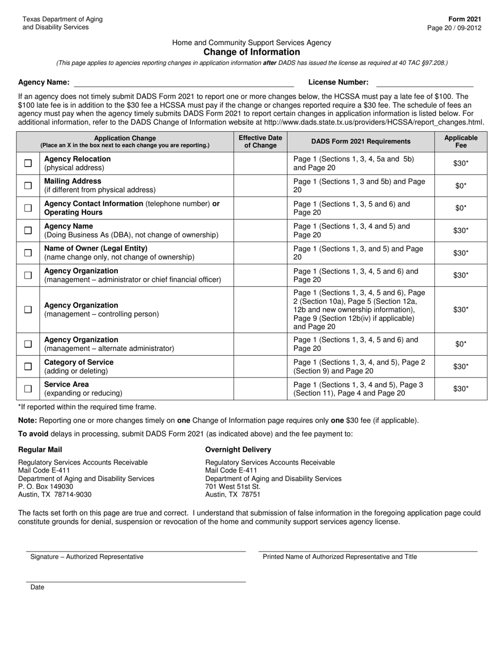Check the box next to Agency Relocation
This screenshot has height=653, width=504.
coord(28,164)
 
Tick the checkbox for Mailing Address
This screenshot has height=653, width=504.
coord(28,186)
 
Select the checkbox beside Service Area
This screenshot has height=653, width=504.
coord(28,389)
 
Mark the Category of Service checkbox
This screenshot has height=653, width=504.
coord(28,366)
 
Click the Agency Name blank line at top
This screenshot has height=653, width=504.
coord(184,83)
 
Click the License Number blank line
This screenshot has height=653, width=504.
coord(424,83)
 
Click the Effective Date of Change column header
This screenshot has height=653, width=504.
coord(260,142)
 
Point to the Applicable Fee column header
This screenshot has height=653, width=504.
coord(460,142)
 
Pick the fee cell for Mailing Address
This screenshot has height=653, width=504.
coord(460,186)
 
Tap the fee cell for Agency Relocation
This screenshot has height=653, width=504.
coord(460,164)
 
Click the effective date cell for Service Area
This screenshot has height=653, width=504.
coord(260,389)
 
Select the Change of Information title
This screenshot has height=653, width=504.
coord(251,52)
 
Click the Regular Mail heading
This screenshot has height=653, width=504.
coord(40,450)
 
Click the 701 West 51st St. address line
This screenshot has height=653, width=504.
coord(233,486)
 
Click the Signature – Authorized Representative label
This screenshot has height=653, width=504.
coord(86,557)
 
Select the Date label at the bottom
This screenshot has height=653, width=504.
coord(37,587)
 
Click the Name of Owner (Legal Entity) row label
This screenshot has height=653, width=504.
coord(96,248)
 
